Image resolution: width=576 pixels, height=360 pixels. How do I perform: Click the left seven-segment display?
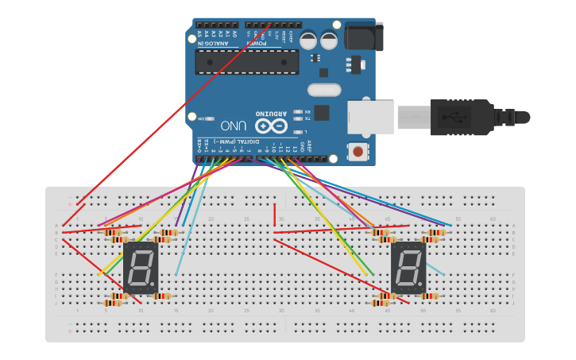(x=141, y=268)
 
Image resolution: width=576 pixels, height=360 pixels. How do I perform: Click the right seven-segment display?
(x=408, y=268)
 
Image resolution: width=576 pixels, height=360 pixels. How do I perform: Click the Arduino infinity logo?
(x=270, y=126)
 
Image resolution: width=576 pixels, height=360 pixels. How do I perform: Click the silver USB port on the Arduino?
(x=370, y=117)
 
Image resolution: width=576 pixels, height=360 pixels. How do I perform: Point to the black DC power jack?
(x=364, y=37)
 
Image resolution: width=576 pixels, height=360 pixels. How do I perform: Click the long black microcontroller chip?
(x=247, y=62)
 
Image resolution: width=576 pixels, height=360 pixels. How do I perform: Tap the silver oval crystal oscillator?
(x=323, y=90)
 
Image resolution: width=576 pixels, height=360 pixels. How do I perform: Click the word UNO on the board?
(x=233, y=126)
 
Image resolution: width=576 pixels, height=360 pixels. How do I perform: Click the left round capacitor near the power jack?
(x=308, y=40)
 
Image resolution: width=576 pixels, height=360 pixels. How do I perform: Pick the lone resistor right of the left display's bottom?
(x=162, y=296)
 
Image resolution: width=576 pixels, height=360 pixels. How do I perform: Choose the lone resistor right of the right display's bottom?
(x=430, y=296)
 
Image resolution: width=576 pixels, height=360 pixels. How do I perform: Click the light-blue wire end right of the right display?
(x=444, y=275)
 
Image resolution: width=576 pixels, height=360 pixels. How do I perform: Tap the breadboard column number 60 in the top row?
(x=493, y=219)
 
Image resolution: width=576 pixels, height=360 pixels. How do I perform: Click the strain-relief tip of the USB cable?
(x=522, y=118)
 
